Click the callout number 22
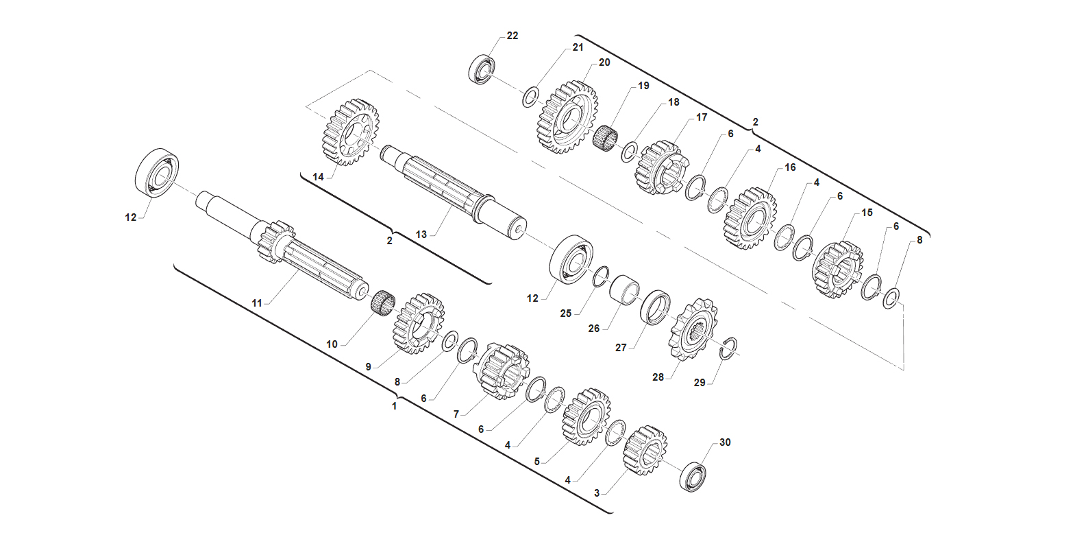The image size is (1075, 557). (512, 36)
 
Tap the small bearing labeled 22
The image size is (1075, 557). (482, 70)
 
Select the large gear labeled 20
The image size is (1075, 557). (567, 117)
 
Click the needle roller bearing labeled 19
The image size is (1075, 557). (605, 137)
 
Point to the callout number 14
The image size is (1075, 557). (318, 177)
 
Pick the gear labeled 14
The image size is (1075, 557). (350, 132)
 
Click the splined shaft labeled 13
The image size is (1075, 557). (454, 192)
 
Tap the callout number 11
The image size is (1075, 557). (257, 303)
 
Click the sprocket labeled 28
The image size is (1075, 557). (693, 329)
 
